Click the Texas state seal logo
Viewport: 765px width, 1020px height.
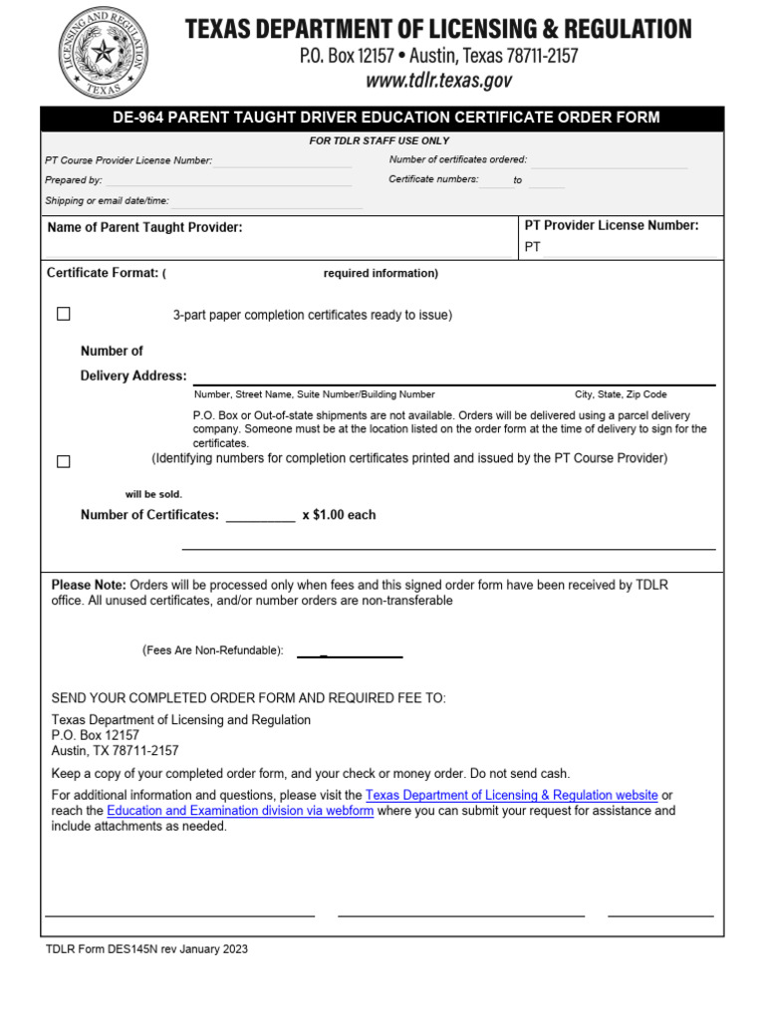click(x=102, y=52)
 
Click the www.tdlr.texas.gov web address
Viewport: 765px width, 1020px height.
click(x=438, y=81)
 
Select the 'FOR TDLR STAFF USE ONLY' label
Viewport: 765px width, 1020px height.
click(x=379, y=141)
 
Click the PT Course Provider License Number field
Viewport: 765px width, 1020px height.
click(x=281, y=161)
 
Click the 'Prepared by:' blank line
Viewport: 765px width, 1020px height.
click(x=228, y=180)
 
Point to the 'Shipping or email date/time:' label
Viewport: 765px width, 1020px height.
click(x=107, y=200)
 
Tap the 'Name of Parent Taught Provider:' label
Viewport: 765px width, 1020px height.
click(x=144, y=228)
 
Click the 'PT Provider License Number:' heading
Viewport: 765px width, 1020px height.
click(x=611, y=226)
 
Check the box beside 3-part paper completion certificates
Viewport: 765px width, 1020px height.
click(x=64, y=314)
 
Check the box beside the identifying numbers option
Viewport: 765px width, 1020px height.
click(x=64, y=461)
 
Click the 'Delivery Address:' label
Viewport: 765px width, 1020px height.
click(x=133, y=377)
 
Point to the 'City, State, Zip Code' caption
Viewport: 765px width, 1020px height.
click(x=620, y=394)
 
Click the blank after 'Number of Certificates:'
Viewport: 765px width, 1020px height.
click(x=260, y=516)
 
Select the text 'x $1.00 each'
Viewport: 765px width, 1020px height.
click(x=339, y=515)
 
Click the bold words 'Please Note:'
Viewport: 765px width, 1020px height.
click(x=89, y=585)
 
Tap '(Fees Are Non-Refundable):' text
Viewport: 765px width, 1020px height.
click(x=212, y=650)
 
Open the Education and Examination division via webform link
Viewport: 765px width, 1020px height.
click(x=240, y=811)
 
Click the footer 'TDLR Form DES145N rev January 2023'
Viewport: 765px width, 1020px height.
click(x=146, y=949)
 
